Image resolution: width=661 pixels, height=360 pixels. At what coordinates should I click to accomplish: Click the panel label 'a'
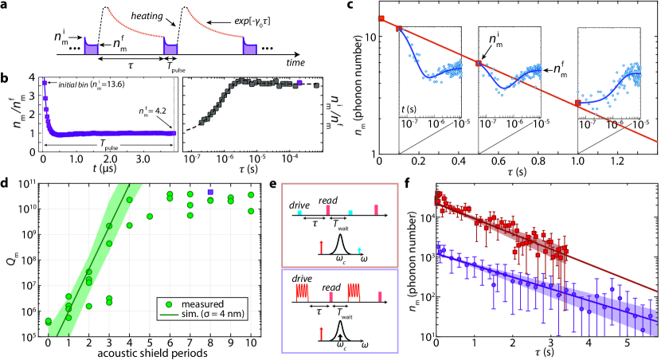click(x=6, y=6)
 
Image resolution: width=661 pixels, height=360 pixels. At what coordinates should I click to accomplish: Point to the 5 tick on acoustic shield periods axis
click(x=150, y=342)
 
